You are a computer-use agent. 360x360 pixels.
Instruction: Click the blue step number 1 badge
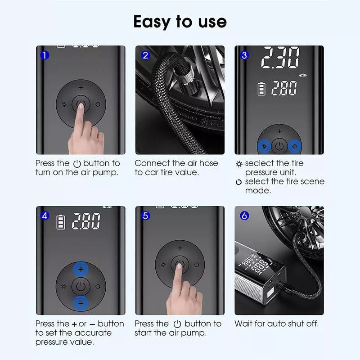click(x=45, y=55)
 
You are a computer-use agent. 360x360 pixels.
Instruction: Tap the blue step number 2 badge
click(x=145, y=55)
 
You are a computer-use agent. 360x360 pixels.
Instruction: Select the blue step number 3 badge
click(x=244, y=55)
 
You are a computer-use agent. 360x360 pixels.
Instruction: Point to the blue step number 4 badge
click(x=45, y=216)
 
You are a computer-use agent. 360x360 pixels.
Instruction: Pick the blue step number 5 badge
click(x=145, y=216)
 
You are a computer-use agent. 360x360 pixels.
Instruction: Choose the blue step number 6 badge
click(x=244, y=216)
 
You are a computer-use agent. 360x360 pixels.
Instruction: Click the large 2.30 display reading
click(x=280, y=58)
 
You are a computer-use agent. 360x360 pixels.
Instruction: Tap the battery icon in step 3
click(x=261, y=89)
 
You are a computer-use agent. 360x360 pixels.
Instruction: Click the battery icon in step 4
click(x=61, y=222)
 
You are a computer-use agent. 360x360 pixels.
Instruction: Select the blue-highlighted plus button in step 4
click(x=81, y=269)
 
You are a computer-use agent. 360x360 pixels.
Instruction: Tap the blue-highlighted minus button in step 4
click(x=81, y=303)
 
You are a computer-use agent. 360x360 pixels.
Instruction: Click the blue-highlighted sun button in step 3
click(x=264, y=146)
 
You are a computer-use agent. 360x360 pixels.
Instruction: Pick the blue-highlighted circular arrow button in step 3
click(x=295, y=146)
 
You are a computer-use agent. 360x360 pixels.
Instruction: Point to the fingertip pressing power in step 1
click(x=81, y=106)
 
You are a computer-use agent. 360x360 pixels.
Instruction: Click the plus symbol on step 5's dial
click(x=180, y=248)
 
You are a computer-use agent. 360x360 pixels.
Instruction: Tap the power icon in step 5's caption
click(x=177, y=324)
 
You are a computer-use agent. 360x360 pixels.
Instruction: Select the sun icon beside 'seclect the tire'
click(x=239, y=164)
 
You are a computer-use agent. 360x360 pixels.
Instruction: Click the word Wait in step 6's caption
click(x=243, y=324)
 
